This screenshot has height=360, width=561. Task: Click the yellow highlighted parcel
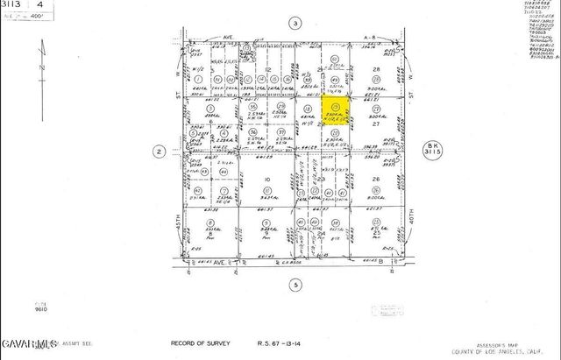coord(335,113)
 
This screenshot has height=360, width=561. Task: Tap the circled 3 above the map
coord(295,23)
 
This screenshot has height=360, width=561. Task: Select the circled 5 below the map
coord(295,285)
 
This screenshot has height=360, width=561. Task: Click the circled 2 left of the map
coord(159,152)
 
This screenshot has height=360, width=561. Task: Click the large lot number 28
coord(375,69)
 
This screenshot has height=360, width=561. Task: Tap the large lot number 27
coord(375,124)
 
